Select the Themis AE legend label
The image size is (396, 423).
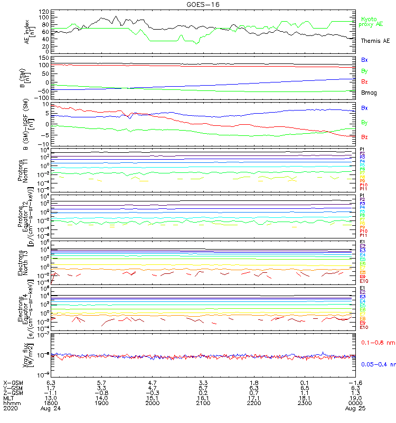(x=375, y=41)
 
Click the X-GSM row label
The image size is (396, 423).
(x=14, y=382)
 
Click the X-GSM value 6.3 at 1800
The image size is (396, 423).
(x=51, y=382)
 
